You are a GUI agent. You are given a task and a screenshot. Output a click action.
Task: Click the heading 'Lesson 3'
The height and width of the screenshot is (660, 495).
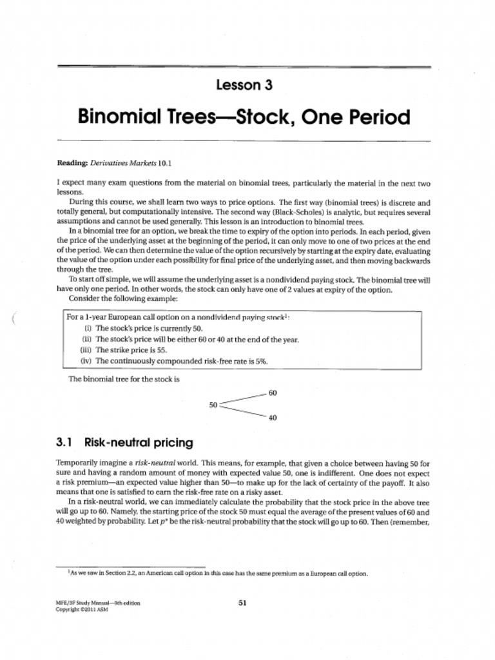[x=244, y=85]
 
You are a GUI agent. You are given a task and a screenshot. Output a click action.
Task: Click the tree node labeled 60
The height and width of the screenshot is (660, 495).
[x=273, y=393]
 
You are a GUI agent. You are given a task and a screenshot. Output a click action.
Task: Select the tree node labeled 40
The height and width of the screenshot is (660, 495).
[x=273, y=418]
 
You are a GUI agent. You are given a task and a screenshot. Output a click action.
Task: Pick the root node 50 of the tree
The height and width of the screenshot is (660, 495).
[x=213, y=405]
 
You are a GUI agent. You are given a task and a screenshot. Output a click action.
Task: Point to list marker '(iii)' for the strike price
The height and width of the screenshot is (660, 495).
[x=86, y=350]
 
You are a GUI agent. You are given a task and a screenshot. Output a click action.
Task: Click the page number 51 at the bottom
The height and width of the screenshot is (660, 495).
[x=243, y=603]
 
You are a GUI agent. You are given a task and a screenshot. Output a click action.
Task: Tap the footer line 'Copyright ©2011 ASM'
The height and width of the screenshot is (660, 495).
[x=81, y=610]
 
